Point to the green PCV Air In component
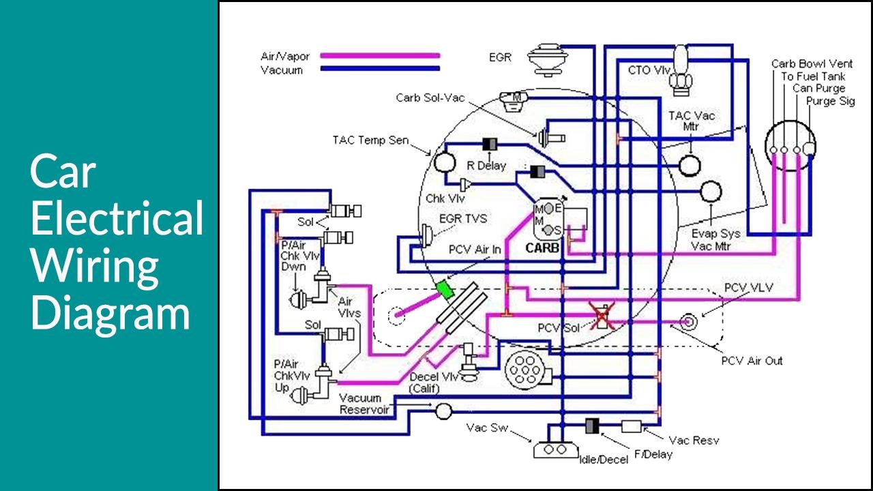pos(445,289)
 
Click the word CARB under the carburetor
pos(542,248)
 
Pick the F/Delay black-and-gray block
pos(593,426)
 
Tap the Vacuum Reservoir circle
pos(444,410)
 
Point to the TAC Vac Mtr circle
pos(690,164)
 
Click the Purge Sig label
pos(830,101)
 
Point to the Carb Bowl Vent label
pos(812,64)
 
